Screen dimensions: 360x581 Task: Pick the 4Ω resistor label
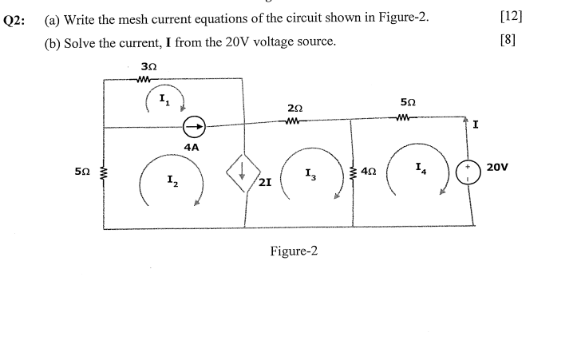point(369,171)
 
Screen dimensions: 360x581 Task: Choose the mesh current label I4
point(421,168)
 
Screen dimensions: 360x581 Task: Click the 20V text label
point(497,168)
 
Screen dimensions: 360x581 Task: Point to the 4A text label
point(192,148)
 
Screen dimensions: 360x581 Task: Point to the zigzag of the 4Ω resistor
point(354,172)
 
